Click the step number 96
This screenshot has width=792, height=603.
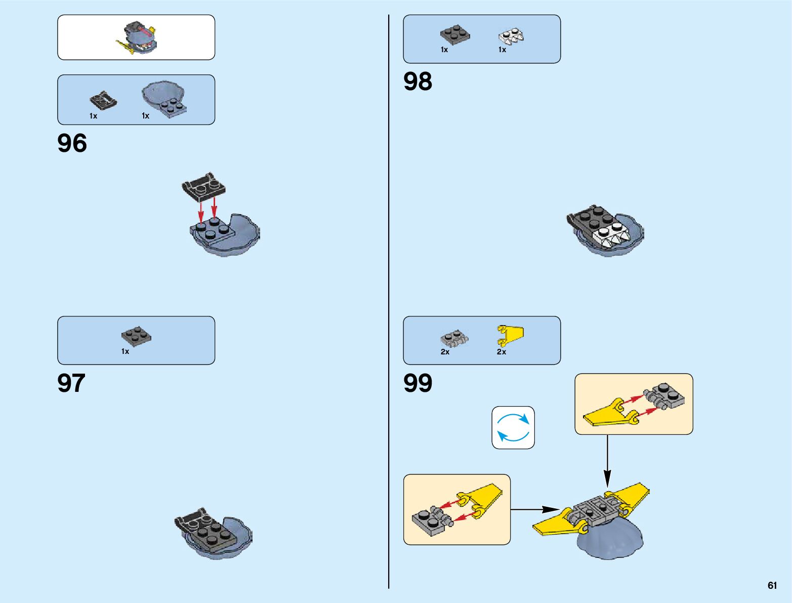tap(72, 143)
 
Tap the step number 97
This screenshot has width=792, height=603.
tap(71, 383)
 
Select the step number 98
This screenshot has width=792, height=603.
tap(418, 82)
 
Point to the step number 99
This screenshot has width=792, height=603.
tap(418, 383)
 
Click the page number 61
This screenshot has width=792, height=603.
tap(772, 585)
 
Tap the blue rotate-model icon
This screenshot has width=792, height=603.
tap(513, 428)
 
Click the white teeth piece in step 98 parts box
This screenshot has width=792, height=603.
tap(511, 36)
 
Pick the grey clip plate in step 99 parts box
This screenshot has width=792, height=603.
tap(454, 338)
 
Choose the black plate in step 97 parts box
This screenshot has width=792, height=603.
tap(136, 335)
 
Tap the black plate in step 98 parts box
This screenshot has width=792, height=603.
tap(454, 34)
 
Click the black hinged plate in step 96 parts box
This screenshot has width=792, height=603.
tap(103, 100)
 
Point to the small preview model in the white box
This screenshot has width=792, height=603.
tap(137, 37)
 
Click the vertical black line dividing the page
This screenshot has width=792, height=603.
tap(389, 304)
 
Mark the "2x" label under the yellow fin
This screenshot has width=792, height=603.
tap(501, 352)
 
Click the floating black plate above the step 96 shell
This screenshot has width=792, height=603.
tap(203, 186)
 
